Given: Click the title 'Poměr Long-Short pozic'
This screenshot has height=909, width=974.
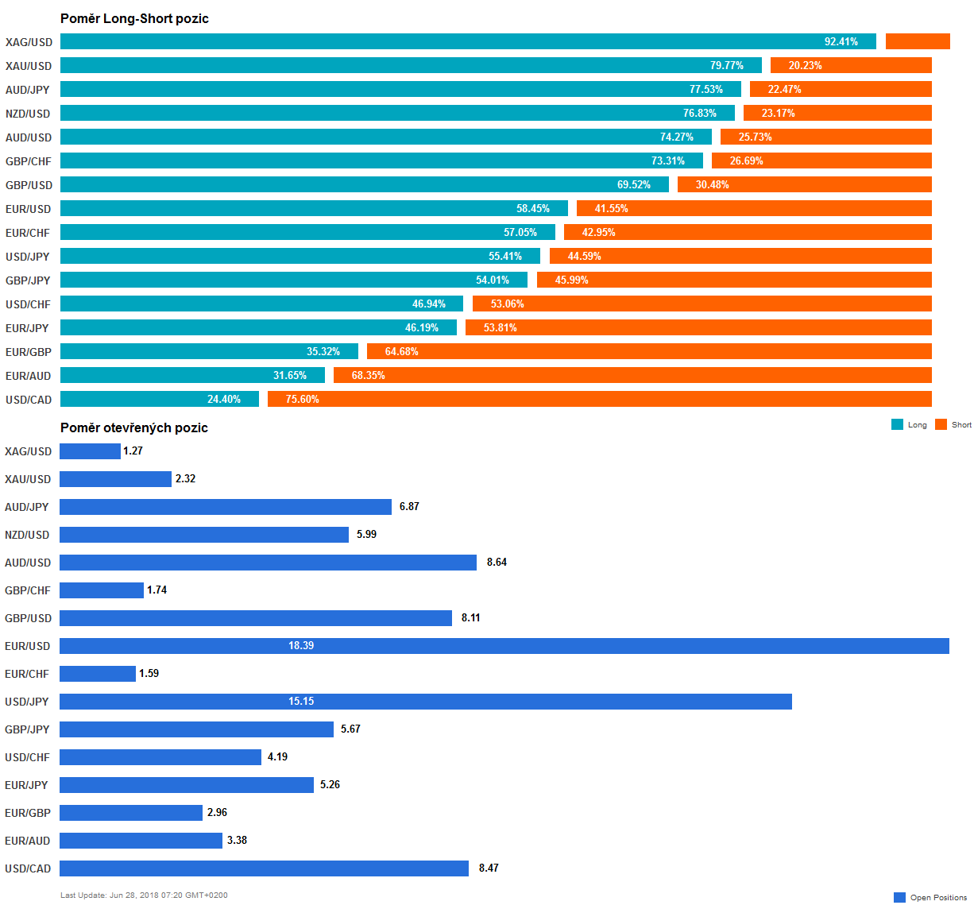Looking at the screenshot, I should (134, 18).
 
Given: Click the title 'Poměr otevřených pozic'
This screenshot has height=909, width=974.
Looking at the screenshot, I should (134, 427).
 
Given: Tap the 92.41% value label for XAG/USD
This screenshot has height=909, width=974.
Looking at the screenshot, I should (841, 41).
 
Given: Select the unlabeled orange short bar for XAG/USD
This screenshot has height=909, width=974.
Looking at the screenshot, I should (918, 41).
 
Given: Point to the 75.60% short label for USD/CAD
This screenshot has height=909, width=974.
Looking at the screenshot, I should (302, 399).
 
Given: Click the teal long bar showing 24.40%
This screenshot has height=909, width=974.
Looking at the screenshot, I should (159, 399).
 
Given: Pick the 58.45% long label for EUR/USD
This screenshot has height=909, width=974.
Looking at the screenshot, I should (532, 208).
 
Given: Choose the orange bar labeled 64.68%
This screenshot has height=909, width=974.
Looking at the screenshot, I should (649, 351).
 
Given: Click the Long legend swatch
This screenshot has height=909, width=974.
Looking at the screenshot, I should (897, 424).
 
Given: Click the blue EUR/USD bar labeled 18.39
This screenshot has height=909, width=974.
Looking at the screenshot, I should (504, 646).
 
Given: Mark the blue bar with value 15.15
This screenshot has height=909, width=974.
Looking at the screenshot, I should (425, 702).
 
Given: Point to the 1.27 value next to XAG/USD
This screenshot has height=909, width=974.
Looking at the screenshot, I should (133, 451).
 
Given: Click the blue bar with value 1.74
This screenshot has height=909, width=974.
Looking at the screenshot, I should (101, 590).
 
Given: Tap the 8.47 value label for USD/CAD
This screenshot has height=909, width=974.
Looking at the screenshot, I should (489, 868).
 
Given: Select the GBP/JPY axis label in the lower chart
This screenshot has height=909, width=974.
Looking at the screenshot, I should (27, 729).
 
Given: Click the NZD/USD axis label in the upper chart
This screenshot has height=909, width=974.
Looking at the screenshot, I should (28, 114).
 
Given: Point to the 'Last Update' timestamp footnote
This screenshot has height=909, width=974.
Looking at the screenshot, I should (144, 895).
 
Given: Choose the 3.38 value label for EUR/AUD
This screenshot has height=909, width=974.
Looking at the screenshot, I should (237, 840).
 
